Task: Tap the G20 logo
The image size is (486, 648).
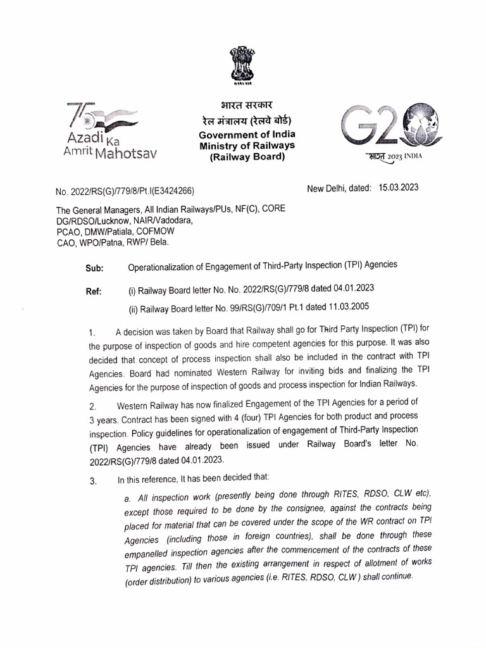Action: tap(387, 130)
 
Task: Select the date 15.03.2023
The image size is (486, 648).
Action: tap(398, 187)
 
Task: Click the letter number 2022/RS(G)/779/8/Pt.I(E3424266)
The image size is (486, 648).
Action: tap(124, 190)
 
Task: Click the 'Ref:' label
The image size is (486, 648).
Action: tap(93, 292)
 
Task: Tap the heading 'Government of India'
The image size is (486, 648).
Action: tap(247, 135)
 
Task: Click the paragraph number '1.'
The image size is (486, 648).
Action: tap(92, 332)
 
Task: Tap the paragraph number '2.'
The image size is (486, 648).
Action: tap(92, 406)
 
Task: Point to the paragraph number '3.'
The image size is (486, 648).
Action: tap(92, 481)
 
